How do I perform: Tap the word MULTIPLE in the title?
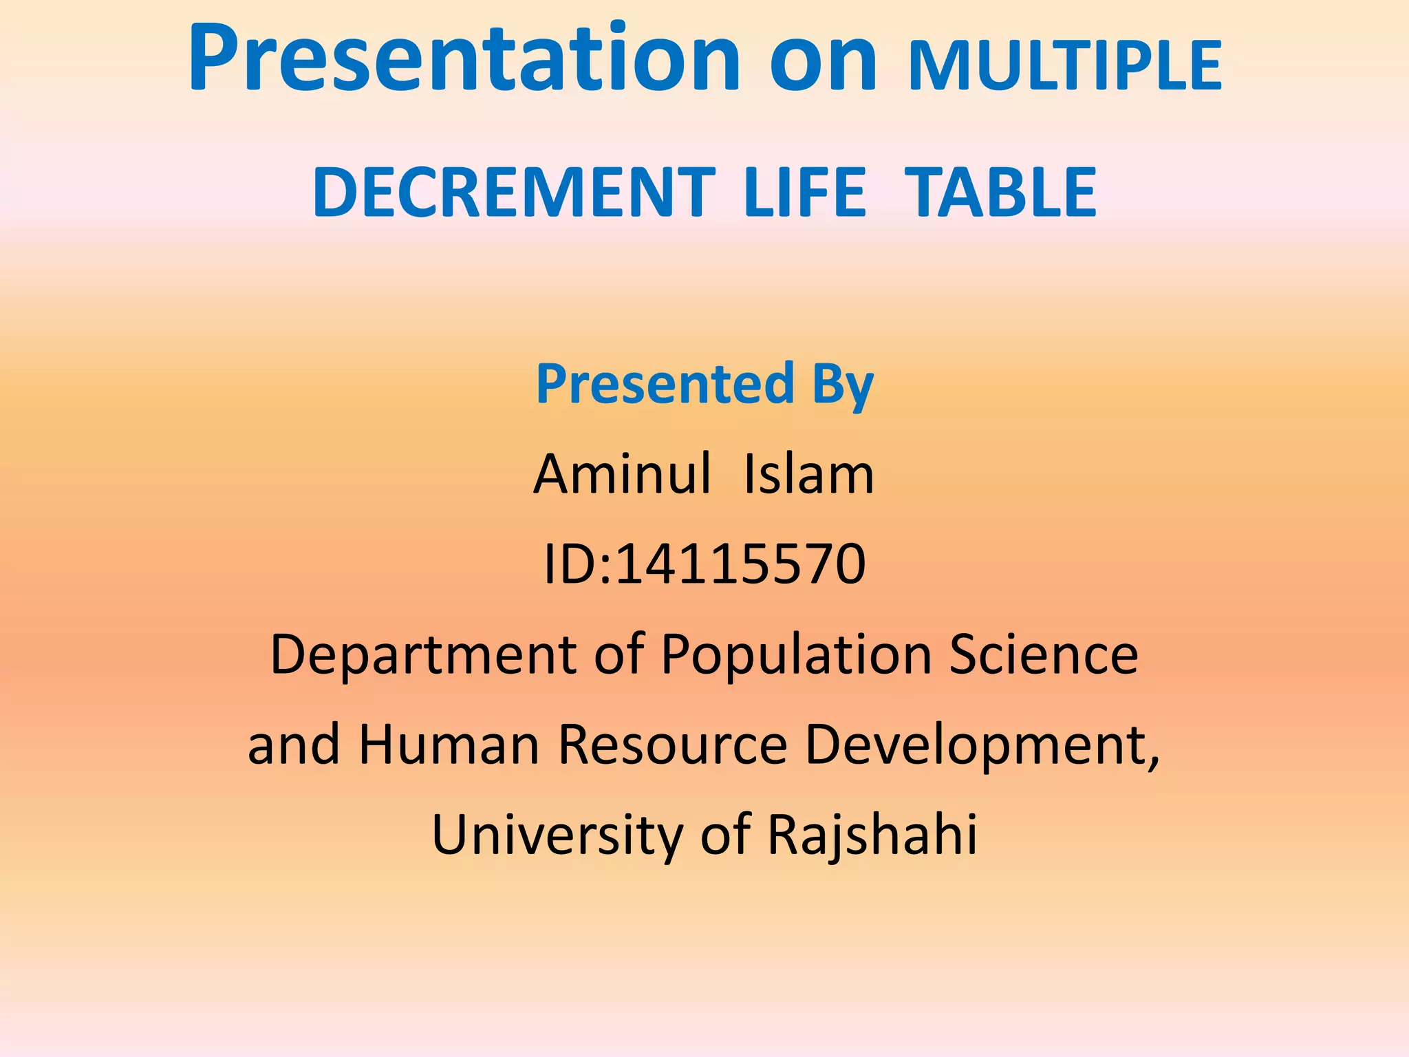1065,67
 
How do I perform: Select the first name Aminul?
622,474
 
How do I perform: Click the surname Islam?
808,474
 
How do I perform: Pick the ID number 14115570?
740,564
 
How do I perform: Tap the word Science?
1044,654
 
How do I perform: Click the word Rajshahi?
872,835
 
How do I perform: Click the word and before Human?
294,745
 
